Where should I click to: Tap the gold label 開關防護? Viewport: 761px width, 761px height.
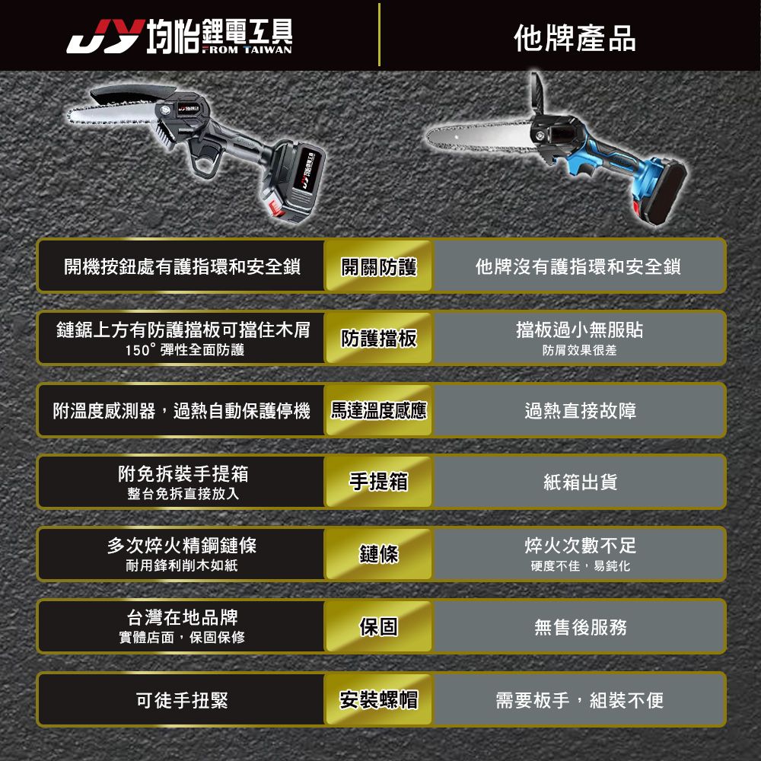coord(379,266)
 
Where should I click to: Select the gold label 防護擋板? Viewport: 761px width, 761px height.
coord(379,339)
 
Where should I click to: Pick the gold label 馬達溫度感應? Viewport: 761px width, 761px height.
coord(379,411)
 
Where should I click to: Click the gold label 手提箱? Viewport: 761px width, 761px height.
coord(379,482)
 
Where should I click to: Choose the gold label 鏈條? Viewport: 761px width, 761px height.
coord(379,555)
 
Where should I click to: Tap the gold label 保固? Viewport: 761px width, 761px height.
coord(379,627)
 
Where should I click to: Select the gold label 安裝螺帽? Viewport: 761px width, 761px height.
coord(379,699)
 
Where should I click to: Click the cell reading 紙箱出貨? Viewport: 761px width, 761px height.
coord(580,482)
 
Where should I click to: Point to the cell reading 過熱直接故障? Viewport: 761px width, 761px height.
coord(580,411)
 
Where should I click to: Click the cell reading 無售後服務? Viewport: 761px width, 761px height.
coord(580,627)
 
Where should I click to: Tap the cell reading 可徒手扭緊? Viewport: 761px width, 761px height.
coord(182,699)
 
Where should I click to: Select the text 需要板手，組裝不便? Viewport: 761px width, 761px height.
coord(580,699)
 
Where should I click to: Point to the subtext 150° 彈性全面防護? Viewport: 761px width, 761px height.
coord(181,350)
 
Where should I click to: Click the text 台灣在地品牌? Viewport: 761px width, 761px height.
coord(181,616)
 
